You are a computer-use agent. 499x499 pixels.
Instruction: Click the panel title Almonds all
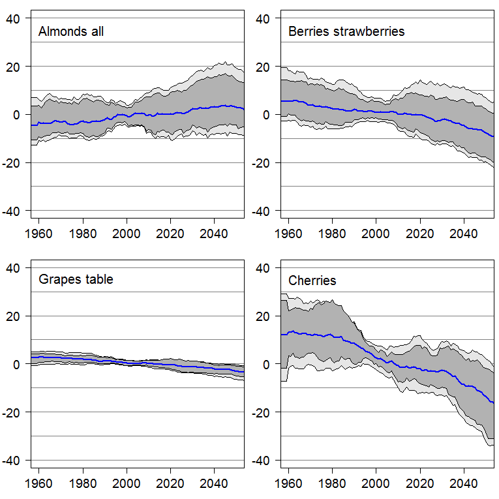pos(71,31)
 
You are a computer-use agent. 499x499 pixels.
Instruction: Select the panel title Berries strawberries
pos(346,31)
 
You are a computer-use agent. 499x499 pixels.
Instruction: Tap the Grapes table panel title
pos(76,280)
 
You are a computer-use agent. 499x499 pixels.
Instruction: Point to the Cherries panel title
pos(312,281)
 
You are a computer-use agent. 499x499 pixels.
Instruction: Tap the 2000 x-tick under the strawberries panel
pos(376,233)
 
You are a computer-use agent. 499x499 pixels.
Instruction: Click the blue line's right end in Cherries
pos(493,403)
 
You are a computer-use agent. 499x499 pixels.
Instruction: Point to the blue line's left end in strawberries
pos(281,101)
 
